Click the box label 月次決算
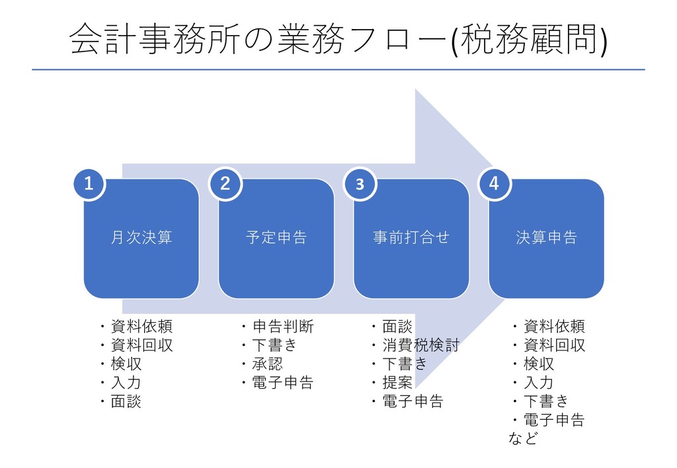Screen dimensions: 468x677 (x=141, y=238)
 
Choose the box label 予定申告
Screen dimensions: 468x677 (x=276, y=238)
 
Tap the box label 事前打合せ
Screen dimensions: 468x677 (x=411, y=238)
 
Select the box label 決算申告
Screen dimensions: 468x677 (x=546, y=238)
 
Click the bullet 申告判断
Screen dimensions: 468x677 (x=283, y=327)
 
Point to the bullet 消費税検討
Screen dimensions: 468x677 (x=420, y=345)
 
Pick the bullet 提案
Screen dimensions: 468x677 (x=397, y=382)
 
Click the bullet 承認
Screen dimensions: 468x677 (x=267, y=364)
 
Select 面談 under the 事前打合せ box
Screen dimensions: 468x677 (x=397, y=327)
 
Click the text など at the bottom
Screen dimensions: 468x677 (x=522, y=438)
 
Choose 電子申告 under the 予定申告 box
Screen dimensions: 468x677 (x=283, y=382)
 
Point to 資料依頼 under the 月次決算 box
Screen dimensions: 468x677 (x=141, y=327)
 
